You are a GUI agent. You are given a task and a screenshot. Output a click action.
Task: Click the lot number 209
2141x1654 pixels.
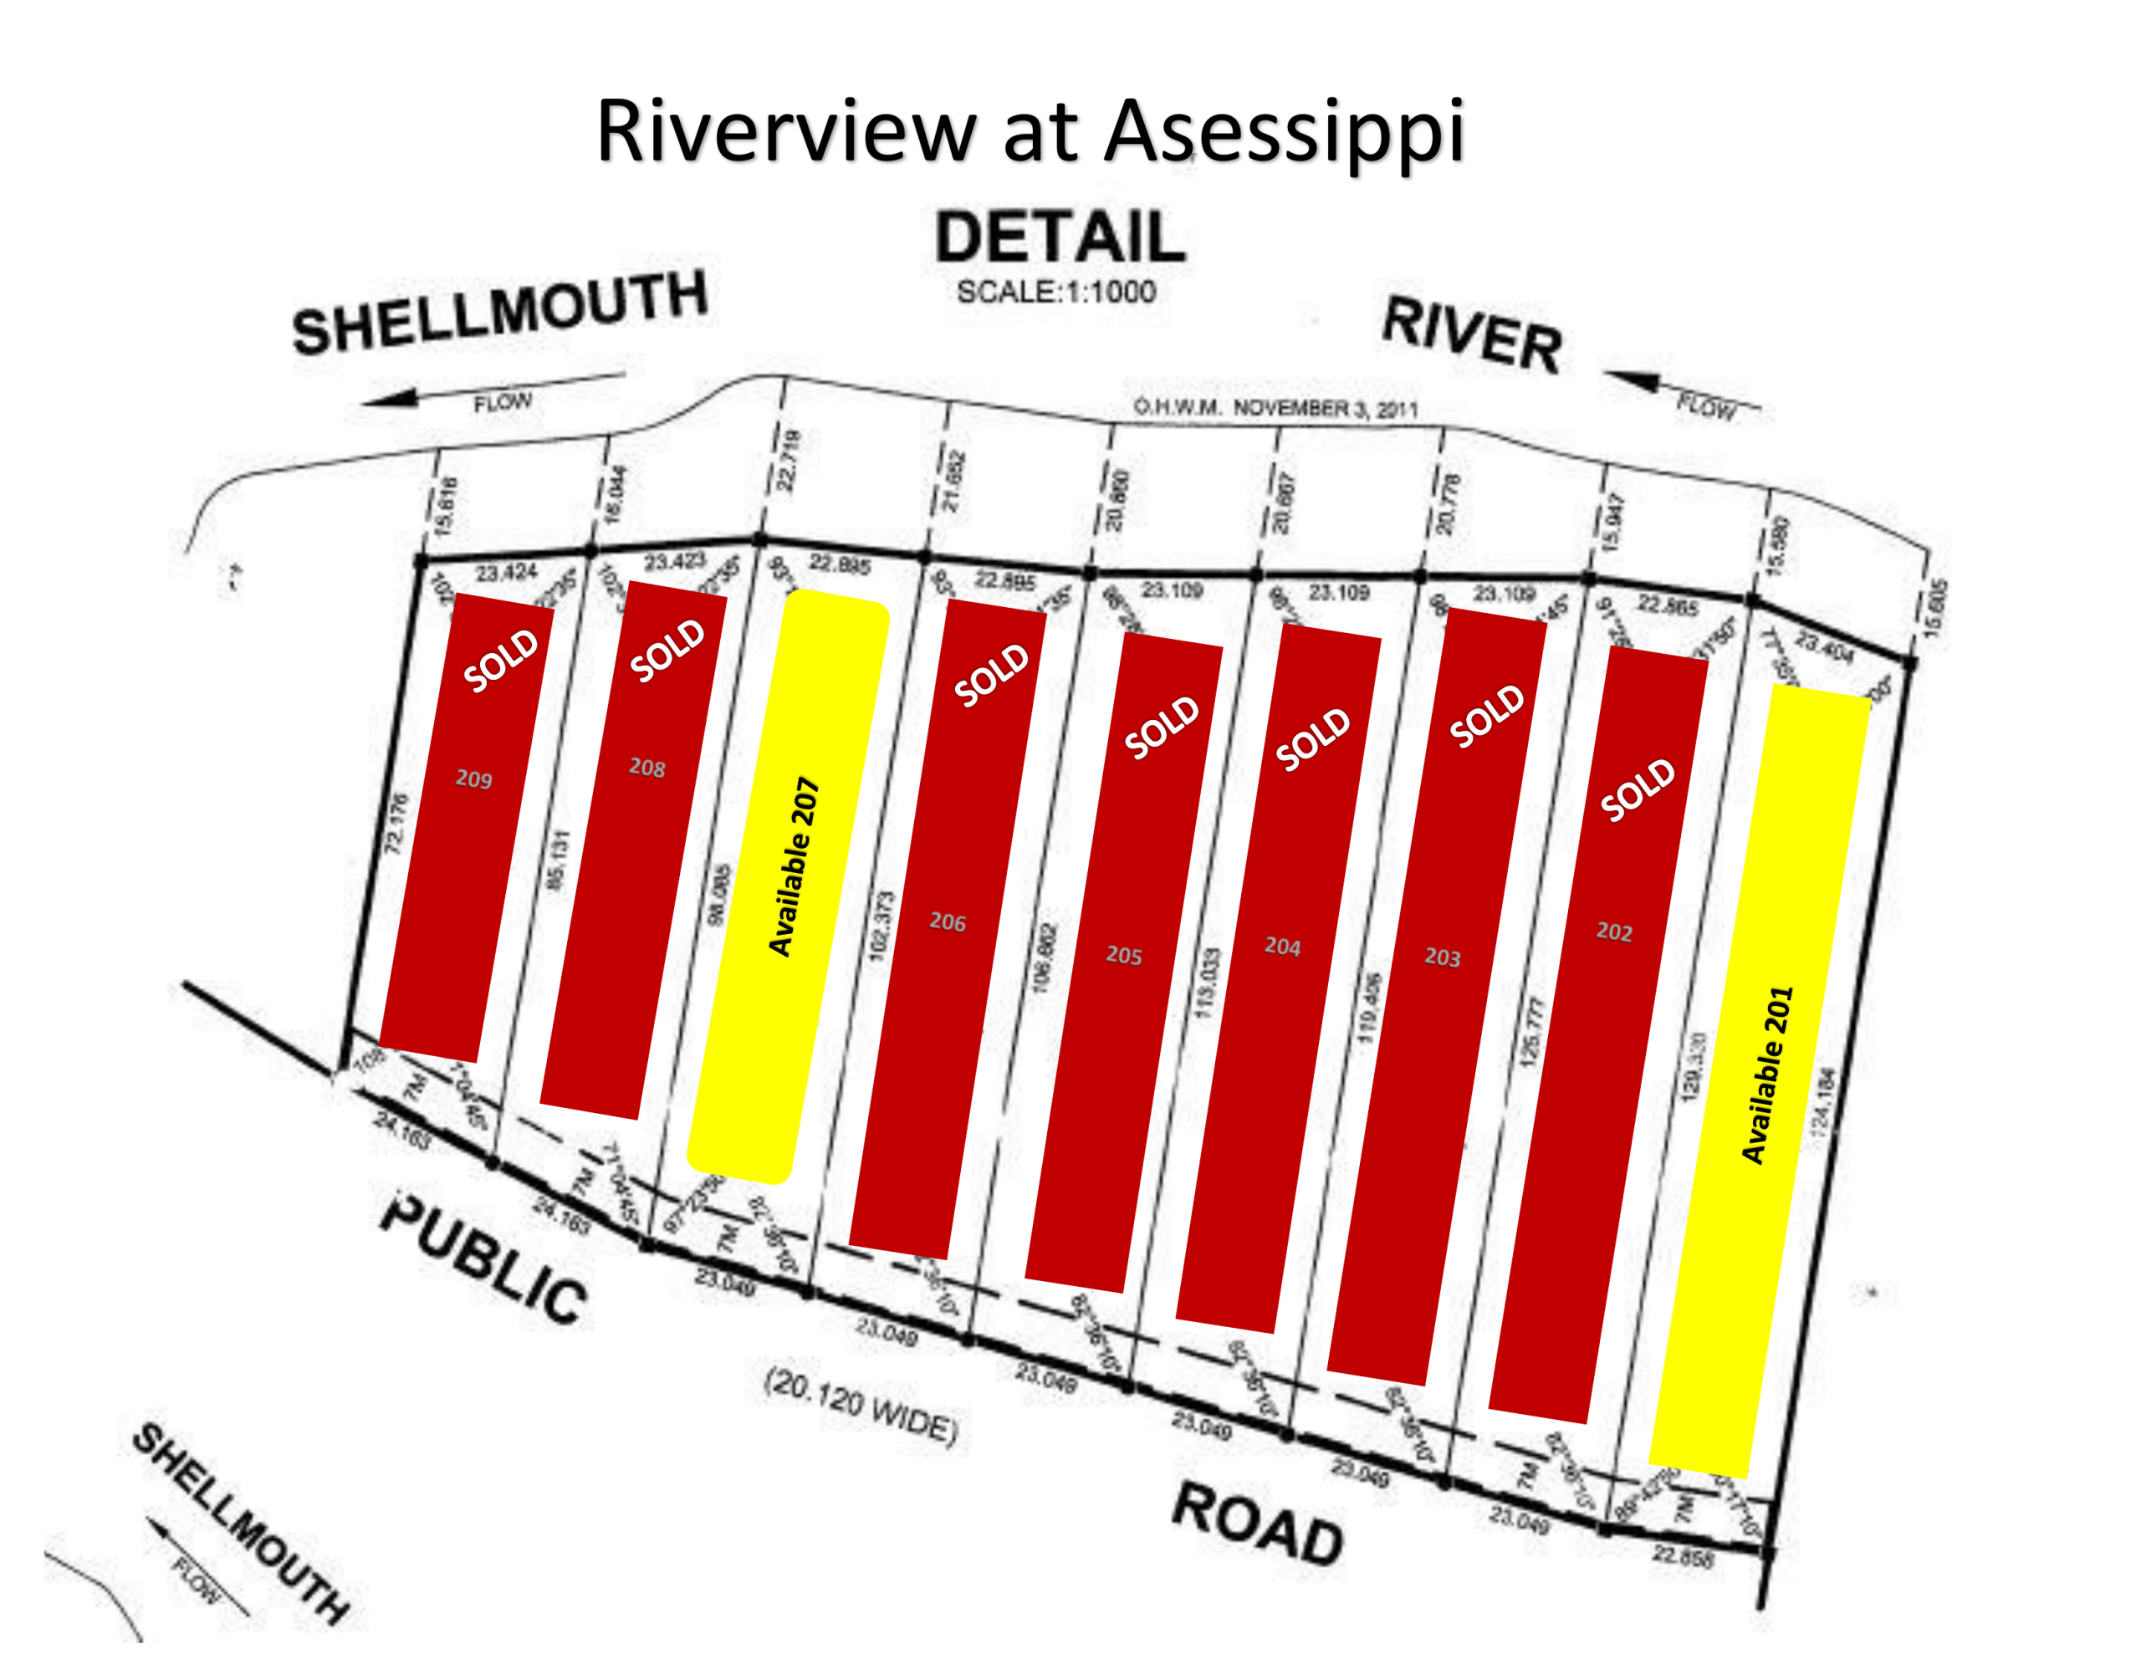coord(473,779)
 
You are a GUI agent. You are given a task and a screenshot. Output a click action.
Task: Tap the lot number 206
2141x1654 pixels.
coord(947,921)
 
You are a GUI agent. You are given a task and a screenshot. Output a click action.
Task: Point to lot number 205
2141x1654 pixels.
coord(1123,955)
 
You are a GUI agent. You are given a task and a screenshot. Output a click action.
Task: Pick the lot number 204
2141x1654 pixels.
coord(1282,946)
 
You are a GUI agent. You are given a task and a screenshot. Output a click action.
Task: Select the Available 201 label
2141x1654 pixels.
coord(1766,1075)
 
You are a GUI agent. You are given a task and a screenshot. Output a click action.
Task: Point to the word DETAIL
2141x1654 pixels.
coord(1060,237)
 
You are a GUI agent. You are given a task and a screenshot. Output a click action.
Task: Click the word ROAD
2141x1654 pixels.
coord(1258,1524)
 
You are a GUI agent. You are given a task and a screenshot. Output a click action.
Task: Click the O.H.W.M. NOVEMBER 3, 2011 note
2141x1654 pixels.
coord(1275,408)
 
